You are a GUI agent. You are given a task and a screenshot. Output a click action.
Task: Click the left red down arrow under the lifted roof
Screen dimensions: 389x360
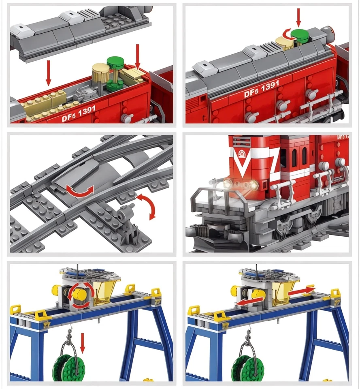pos(49,73)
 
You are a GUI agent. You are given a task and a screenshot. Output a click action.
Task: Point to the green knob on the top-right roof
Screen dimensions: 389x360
pos(299,34)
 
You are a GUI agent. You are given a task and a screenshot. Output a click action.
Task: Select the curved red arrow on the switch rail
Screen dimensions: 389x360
pos(81,190)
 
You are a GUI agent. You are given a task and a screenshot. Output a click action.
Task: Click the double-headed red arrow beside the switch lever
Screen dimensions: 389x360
pos(148,206)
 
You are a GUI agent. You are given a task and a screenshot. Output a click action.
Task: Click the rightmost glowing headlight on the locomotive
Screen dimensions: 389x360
pos(254,185)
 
